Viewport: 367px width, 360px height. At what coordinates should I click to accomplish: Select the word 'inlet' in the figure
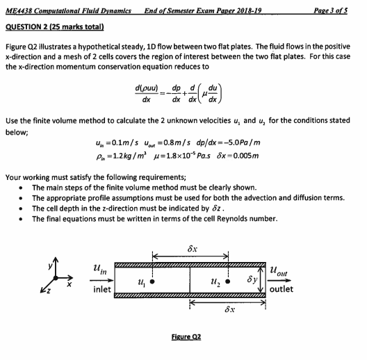point(101,289)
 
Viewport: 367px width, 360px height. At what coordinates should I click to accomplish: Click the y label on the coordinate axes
point(42,268)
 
